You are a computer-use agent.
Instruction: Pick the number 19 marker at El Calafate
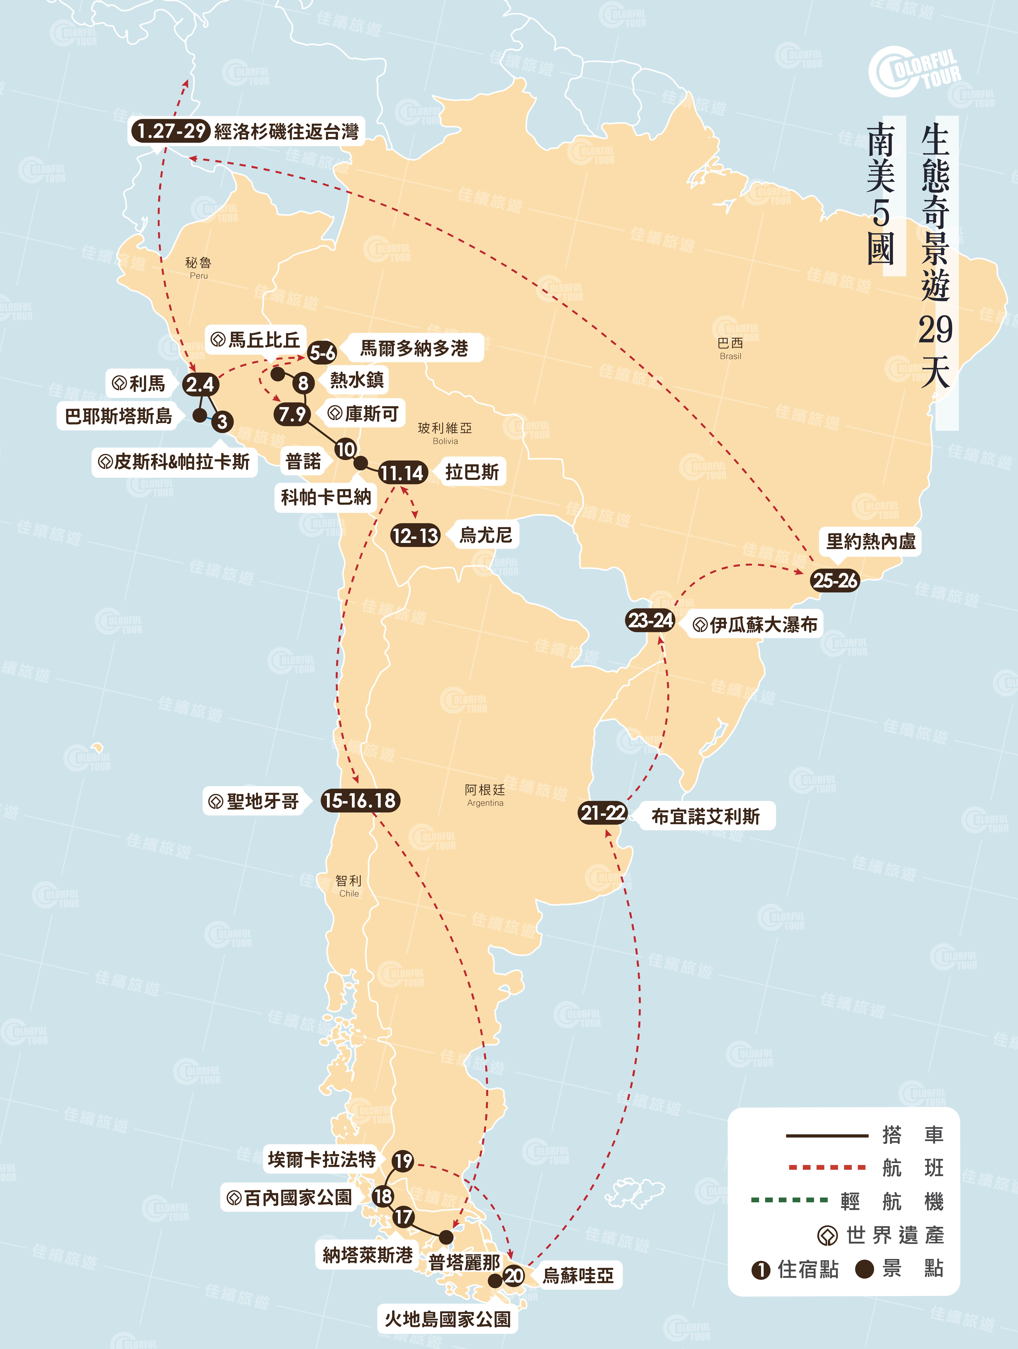coord(403,1161)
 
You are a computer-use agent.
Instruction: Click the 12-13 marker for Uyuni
coord(415,535)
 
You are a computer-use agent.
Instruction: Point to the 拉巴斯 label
coord(472,471)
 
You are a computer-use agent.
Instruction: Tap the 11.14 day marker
coord(402,473)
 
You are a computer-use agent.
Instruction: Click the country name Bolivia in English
coord(445,441)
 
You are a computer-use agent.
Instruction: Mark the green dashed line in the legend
coord(789,1200)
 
